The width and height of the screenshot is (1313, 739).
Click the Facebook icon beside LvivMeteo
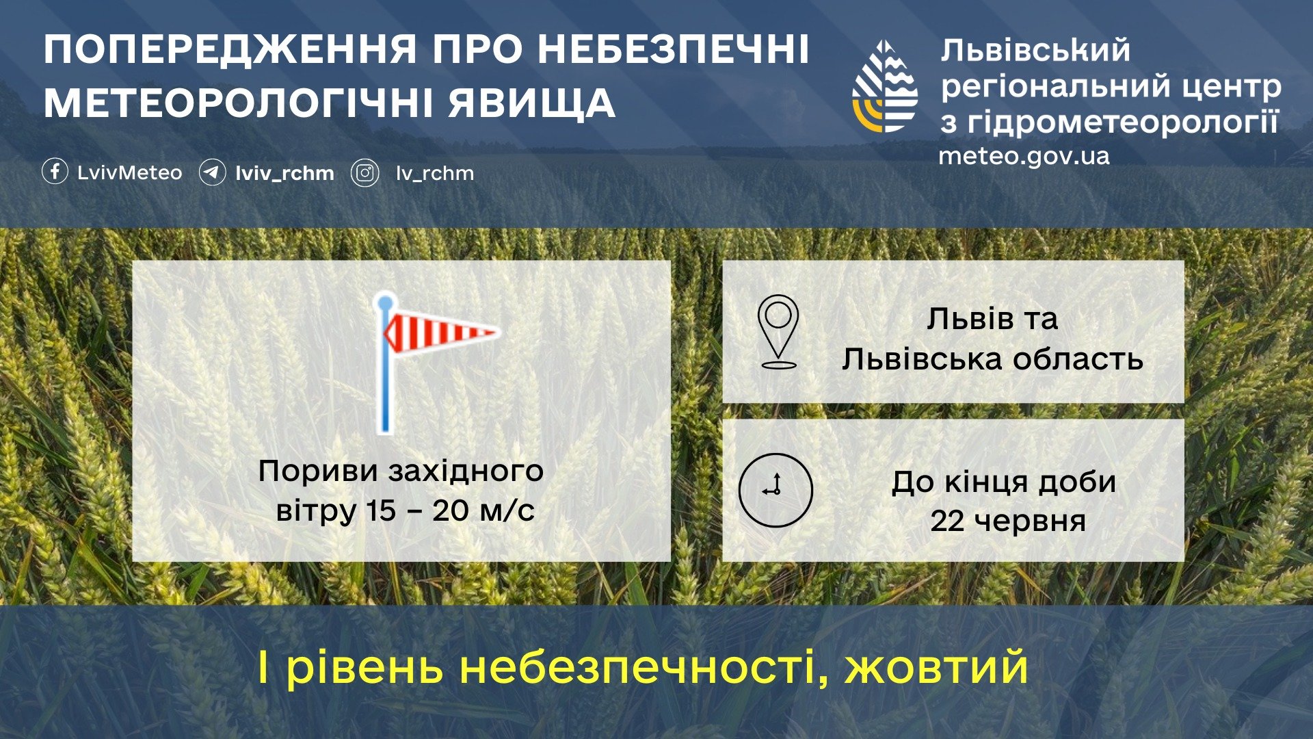[55, 172]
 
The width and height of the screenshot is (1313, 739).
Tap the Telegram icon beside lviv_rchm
[212, 172]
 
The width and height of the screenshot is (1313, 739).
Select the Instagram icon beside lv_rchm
[365, 173]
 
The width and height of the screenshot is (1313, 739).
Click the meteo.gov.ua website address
[1024, 157]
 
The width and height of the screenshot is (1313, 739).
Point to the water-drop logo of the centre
[885, 86]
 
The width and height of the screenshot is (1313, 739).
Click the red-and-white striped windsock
[440, 333]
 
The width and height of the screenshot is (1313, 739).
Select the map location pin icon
[778, 332]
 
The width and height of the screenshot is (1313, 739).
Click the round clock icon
[775, 490]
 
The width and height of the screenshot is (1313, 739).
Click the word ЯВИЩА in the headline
[532, 104]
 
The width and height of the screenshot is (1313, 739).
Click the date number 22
[947, 521]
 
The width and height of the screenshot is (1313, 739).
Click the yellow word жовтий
[937, 668]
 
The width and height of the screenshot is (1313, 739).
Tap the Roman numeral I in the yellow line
[263, 668]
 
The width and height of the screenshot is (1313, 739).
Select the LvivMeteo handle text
[130, 172]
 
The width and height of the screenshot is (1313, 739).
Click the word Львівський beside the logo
[1035, 51]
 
